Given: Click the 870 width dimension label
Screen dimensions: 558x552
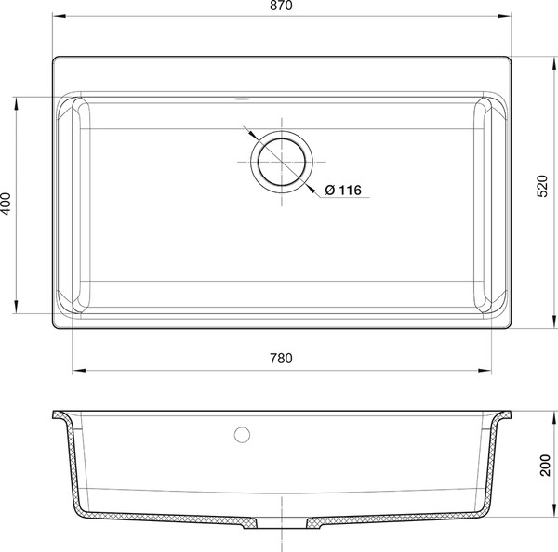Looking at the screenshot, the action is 281,6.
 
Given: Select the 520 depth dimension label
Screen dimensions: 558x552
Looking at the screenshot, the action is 542,186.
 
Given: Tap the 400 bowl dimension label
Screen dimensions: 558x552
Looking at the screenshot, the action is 7,204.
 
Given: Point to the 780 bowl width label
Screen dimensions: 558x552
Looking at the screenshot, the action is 281,358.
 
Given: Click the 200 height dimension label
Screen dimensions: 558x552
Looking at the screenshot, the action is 545,465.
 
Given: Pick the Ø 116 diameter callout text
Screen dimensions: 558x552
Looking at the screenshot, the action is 343,190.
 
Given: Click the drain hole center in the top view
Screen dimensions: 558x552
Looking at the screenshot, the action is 282,162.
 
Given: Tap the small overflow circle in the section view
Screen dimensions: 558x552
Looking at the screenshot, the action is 242,435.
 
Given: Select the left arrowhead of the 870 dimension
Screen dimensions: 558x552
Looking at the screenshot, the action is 60,16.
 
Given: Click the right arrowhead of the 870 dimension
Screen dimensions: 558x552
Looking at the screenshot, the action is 505,16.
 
